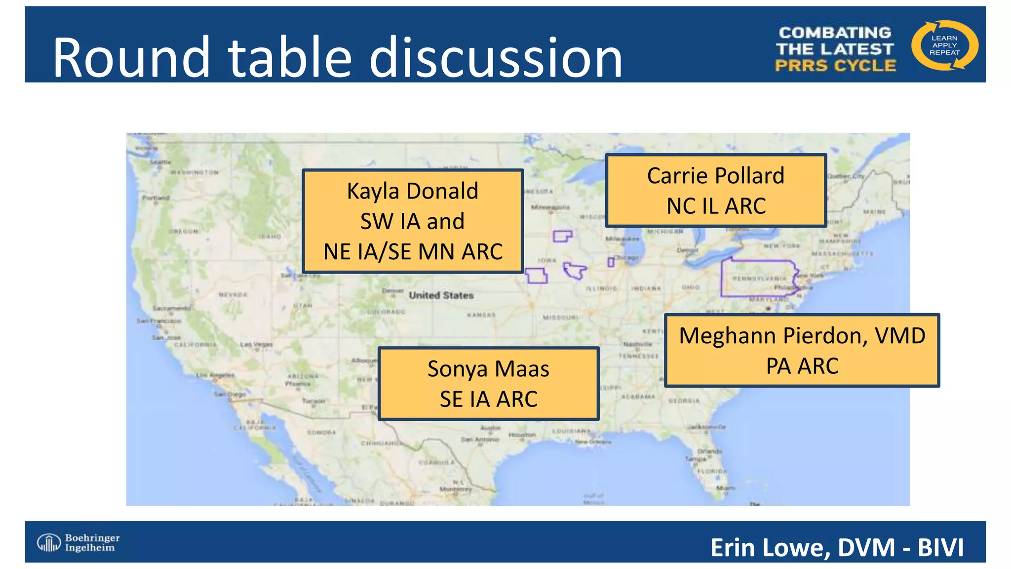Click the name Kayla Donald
click(412, 191)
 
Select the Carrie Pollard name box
click(715, 190)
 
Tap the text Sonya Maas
click(488, 369)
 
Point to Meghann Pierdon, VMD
click(802, 336)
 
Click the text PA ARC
click(802, 366)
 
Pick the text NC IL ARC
click(716, 206)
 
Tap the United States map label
click(441, 295)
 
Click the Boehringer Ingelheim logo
click(78, 542)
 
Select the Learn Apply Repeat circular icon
click(944, 45)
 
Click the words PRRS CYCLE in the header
click(835, 66)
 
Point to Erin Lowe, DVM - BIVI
click(836, 547)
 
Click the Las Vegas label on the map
click(256, 344)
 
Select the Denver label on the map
click(392, 290)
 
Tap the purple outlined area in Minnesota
click(562, 236)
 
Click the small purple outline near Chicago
click(611, 262)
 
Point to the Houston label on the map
click(522, 435)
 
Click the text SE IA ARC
click(488, 399)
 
